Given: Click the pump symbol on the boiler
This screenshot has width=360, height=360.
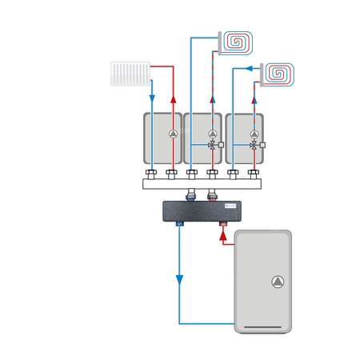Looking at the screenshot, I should coord(276,282).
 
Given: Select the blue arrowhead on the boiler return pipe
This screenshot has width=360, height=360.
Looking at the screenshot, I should coord(179,279).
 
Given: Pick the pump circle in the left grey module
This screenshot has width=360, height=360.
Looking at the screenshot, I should coord(171,134).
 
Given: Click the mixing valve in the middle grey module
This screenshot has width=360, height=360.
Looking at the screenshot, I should coord(212,146).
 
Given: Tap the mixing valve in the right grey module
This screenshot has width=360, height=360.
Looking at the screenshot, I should coord(254,146).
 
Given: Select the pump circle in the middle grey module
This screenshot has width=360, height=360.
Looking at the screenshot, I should coord(212,134).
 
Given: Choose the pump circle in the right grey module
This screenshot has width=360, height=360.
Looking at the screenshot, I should coord(254,134).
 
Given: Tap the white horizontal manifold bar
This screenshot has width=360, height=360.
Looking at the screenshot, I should coord(202,183).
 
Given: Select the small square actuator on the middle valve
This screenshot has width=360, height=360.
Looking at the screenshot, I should coord(222,146).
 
